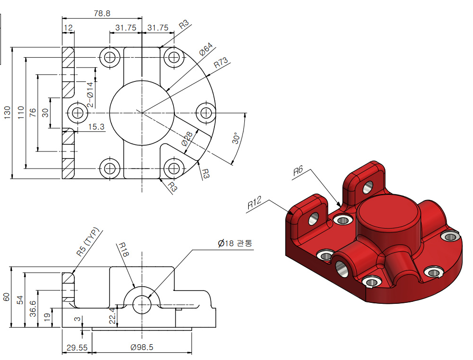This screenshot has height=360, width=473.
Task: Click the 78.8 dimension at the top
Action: coord(102,13)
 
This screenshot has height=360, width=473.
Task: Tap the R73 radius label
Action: coord(221,63)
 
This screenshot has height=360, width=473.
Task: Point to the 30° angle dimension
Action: coord(237,139)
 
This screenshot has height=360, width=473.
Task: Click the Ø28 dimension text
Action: coord(187,140)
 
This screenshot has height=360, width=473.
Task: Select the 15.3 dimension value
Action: coord(96,126)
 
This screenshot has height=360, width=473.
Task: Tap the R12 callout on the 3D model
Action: coord(255,204)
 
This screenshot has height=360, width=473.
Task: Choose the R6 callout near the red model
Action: coord(298,171)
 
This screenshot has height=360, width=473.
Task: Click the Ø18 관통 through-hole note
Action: coord(235,243)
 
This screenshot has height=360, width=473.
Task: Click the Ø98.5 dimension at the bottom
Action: coord(141,348)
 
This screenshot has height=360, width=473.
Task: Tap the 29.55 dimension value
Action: coord(76,348)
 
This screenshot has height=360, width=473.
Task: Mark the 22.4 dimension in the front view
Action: coord(112,316)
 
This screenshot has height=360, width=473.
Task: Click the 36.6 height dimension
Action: coord(32,309)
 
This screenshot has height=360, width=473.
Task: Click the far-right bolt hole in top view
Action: coord(206,113)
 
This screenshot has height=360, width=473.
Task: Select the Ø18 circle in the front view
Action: coord(141,305)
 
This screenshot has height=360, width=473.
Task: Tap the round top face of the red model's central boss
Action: coord(388,212)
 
